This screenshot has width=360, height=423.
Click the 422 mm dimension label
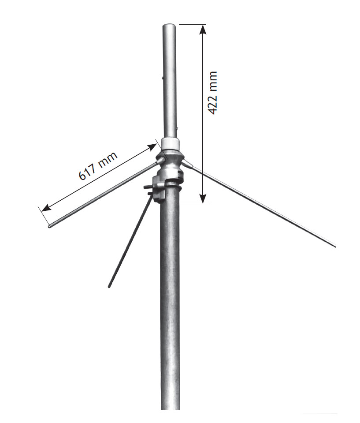point(213,93)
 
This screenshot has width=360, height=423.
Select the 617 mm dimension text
point(98,166)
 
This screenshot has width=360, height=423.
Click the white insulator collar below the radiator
point(170,143)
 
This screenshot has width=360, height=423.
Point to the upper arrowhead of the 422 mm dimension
point(202,29)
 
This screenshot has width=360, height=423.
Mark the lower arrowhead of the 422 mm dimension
point(202,199)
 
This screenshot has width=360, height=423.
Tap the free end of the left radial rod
point(49,227)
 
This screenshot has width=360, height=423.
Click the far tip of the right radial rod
point(334,246)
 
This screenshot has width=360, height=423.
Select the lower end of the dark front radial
point(109,287)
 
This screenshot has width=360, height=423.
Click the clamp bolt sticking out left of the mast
point(148,187)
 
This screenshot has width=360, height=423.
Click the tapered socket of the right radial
point(187,164)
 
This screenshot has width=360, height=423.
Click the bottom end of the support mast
point(170,408)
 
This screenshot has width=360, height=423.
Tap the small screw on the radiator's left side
point(163,78)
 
